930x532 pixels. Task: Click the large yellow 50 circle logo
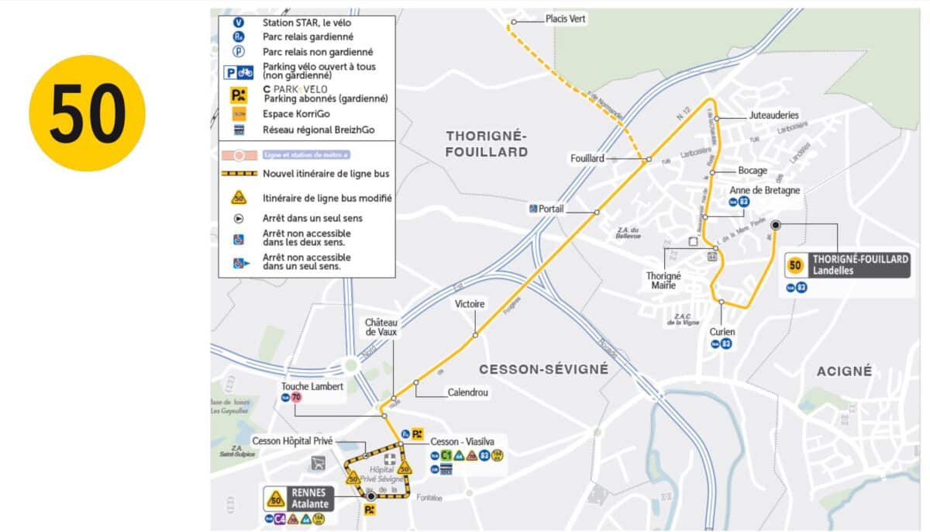click(87, 113)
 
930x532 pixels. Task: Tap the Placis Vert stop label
click(565, 19)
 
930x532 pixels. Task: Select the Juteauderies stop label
click(773, 115)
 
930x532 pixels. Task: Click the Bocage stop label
click(752, 171)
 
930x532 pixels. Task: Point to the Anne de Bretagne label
click(765, 190)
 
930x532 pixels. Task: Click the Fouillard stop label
click(587, 158)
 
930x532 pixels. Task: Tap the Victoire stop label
click(470, 304)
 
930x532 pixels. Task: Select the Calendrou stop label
click(467, 392)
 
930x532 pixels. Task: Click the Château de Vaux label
click(381, 326)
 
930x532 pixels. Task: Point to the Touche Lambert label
click(312, 386)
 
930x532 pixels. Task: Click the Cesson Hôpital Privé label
click(292, 440)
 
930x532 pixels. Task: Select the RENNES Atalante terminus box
click(299, 498)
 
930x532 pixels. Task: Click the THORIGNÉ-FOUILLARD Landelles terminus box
click(847, 265)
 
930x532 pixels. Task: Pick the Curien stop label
click(722, 332)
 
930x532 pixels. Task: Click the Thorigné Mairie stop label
click(663, 280)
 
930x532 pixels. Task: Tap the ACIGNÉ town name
click(844, 371)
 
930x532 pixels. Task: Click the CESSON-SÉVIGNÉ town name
click(543, 369)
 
